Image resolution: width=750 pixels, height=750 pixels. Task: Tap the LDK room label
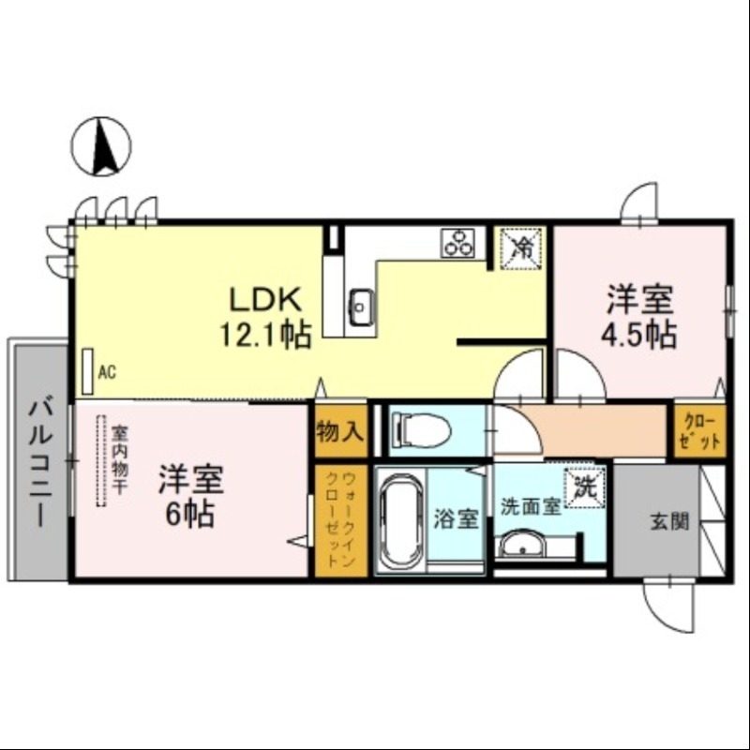[265, 300]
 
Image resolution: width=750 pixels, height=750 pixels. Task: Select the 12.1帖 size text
[265, 334]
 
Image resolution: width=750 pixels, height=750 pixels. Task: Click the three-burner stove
[460, 243]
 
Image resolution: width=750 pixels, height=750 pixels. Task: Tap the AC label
[107, 372]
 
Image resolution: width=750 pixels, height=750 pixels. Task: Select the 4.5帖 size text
[640, 334]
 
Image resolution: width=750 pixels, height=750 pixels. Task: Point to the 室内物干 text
[120, 457]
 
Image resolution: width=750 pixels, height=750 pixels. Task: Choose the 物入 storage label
[339, 432]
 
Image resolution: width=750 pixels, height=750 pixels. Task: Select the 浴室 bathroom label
[457, 518]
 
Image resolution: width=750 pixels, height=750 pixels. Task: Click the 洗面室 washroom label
[530, 507]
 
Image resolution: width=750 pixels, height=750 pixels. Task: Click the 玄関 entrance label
[670, 521]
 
